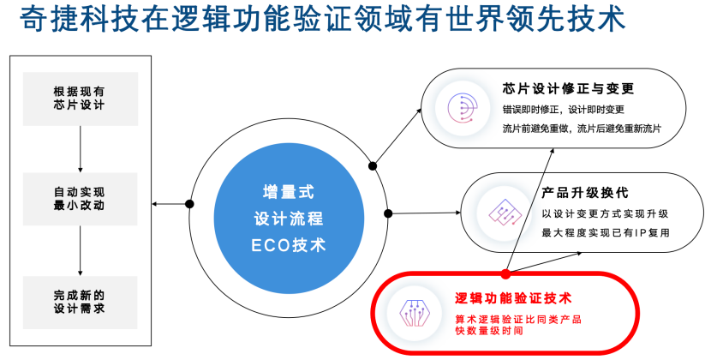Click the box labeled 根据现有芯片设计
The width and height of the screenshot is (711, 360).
click(79, 98)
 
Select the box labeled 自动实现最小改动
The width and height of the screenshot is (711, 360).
click(79, 199)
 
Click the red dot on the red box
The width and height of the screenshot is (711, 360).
click(505, 273)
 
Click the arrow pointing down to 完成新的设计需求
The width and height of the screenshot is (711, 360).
click(79, 250)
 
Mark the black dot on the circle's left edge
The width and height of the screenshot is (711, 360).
click(189, 204)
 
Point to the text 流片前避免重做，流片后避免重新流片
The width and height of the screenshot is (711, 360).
click(581, 129)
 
